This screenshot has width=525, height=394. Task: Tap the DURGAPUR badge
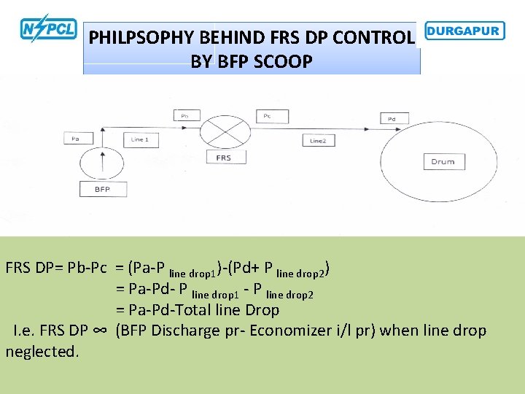click(464, 31)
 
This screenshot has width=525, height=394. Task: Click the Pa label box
click(75, 139)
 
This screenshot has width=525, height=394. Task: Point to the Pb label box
click(185, 115)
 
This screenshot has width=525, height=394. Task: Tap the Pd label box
click(392, 118)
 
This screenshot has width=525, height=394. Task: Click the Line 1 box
click(139, 139)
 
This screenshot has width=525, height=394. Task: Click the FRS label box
click(224, 158)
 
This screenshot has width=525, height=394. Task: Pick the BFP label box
click(101, 189)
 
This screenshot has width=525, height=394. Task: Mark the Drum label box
click(443, 161)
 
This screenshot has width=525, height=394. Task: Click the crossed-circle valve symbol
click(225, 134)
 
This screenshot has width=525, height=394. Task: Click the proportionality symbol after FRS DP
click(101, 331)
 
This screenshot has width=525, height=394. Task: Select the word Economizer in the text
click(292, 331)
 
